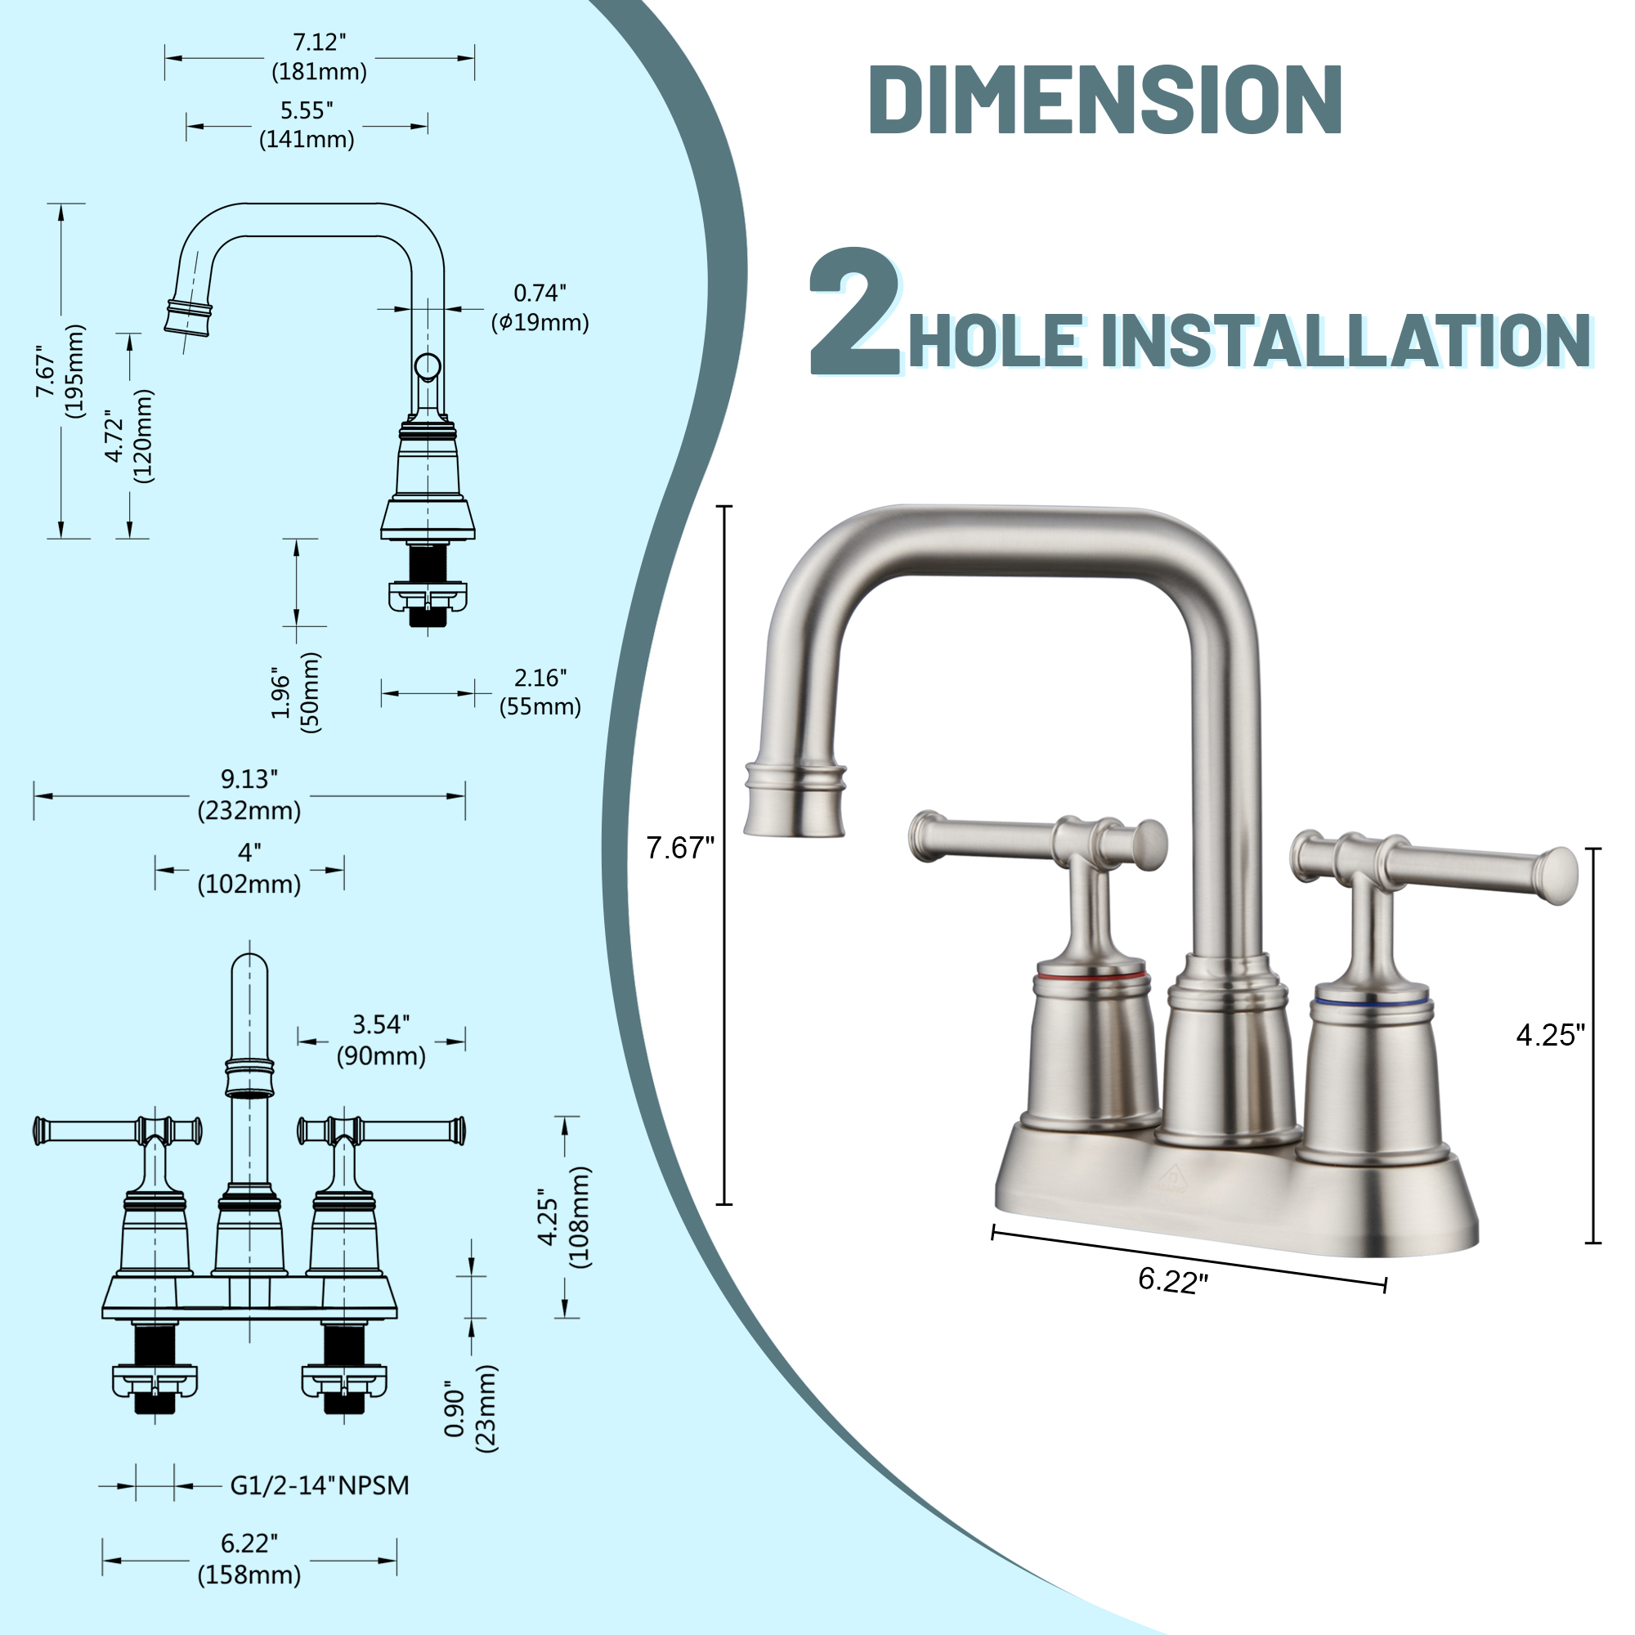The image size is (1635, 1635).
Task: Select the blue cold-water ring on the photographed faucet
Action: pyautogui.click(x=1372, y=1001)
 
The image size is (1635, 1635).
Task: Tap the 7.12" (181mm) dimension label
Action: pyautogui.click(x=319, y=56)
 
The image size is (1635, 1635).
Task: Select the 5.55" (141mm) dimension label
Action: pyautogui.click(x=307, y=125)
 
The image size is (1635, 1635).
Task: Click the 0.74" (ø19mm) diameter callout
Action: pyautogui.click(x=540, y=307)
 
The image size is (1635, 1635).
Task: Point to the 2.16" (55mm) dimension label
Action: pyautogui.click(x=540, y=692)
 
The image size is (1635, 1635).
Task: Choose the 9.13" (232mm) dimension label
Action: pyautogui.click(x=249, y=795)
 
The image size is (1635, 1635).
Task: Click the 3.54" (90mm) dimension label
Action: pyautogui.click(x=381, y=1040)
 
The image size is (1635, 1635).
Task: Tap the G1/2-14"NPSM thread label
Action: pyautogui.click(x=319, y=1485)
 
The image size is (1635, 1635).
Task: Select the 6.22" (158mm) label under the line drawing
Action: pyautogui.click(x=249, y=1560)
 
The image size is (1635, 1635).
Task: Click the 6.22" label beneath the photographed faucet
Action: pyautogui.click(x=1173, y=1279)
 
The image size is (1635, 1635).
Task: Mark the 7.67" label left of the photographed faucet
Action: pyautogui.click(x=680, y=847)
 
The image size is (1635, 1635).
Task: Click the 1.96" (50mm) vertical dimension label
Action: pyautogui.click(x=295, y=692)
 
